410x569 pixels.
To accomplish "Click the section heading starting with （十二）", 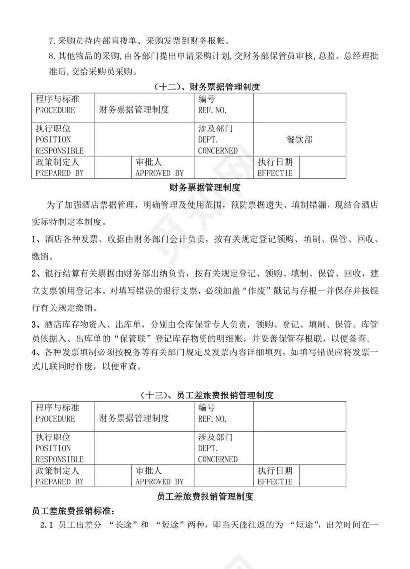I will click(x=206, y=87).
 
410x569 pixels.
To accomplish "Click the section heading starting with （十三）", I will click(x=206, y=395).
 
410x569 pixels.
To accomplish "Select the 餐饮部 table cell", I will click(x=299, y=140).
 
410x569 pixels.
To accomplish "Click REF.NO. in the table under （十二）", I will click(x=212, y=110).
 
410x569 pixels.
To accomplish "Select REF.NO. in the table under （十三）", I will click(x=212, y=419).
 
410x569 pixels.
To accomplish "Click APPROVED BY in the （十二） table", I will click(x=160, y=173).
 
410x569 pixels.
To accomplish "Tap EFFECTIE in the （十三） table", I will click(x=275, y=481).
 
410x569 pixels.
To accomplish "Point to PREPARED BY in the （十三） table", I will click(x=59, y=481).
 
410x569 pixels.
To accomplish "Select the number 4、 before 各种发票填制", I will click(x=36, y=353).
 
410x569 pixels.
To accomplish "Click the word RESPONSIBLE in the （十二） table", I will click(x=59, y=151).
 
